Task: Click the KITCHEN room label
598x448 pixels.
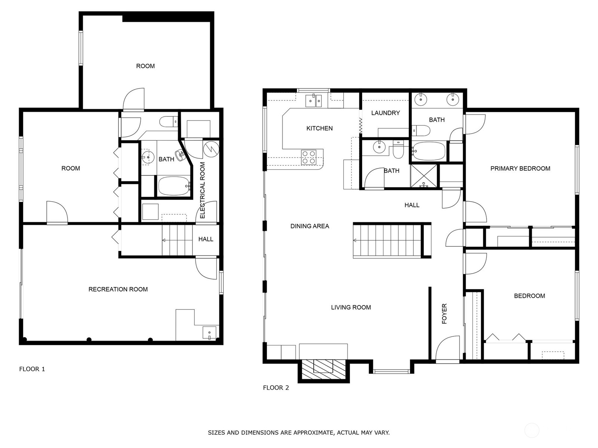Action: click(319, 128)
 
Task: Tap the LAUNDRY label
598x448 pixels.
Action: click(385, 113)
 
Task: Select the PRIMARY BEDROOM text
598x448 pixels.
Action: click(520, 168)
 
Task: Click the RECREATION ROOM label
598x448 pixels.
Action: click(118, 289)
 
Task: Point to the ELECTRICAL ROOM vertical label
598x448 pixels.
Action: click(203, 190)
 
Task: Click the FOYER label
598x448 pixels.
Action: click(444, 314)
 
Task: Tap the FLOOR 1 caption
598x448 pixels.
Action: click(32, 369)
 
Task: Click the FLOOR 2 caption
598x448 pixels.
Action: click(276, 388)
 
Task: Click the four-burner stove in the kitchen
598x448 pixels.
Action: click(309, 157)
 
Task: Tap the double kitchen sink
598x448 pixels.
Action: click(314, 100)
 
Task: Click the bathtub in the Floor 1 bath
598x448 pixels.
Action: click(174, 186)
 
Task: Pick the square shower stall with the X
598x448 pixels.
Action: click(423, 176)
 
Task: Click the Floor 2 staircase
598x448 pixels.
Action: click(387, 240)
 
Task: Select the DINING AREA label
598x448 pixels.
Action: click(309, 226)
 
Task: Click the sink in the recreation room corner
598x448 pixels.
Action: click(209, 332)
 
